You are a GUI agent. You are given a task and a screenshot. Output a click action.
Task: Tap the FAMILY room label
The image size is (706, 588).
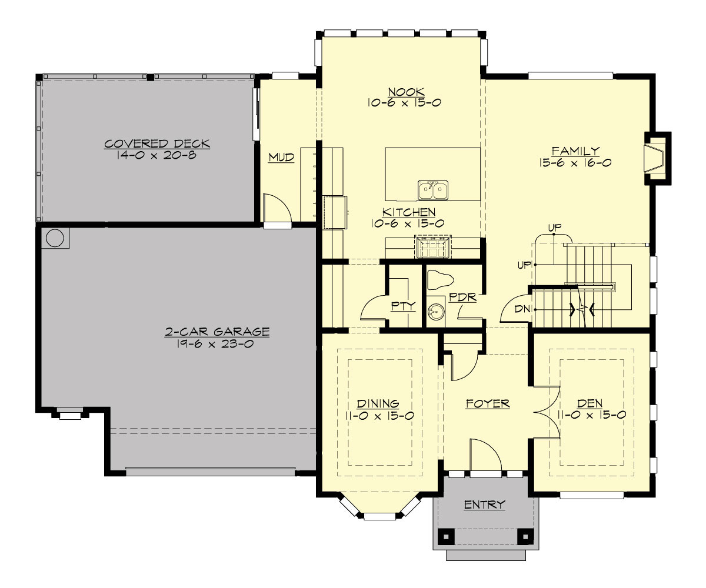coord(575,151)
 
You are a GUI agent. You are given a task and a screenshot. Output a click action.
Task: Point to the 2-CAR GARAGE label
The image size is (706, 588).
coord(217,332)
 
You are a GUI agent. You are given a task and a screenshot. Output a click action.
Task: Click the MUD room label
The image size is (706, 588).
coord(281,158)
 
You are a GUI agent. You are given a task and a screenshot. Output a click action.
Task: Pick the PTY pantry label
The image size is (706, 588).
coord(404,306)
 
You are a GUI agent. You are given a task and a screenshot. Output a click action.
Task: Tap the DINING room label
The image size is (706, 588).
coord(378,404)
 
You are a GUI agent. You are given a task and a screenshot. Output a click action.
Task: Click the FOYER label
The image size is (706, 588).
coord(487,404)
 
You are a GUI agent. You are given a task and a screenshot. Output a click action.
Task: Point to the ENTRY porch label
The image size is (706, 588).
coord(485,505)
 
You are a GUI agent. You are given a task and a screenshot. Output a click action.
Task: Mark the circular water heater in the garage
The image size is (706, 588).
coord(55,238)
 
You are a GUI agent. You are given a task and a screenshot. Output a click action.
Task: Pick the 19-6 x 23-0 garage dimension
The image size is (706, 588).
coord(217,344)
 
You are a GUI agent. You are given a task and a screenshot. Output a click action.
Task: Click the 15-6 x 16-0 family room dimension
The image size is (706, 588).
coord(575,162)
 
